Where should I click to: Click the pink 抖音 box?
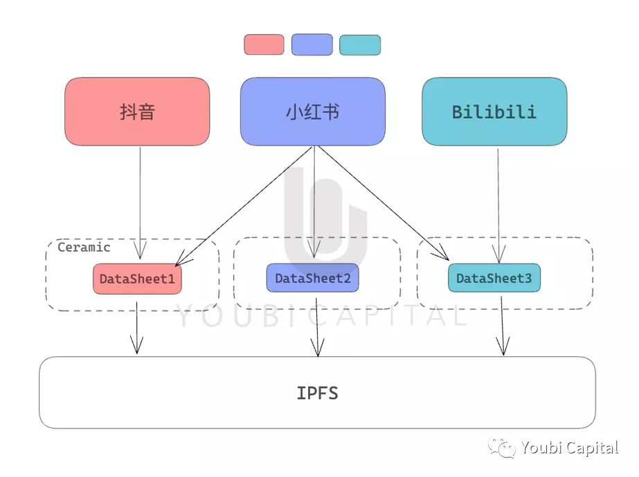click(137, 112)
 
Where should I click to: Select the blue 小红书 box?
click(312, 112)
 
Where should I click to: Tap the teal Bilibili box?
click(494, 112)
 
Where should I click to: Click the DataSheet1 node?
click(137, 279)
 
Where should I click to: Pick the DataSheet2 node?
click(312, 278)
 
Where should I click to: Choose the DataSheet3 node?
click(494, 278)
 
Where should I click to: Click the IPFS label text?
click(318, 393)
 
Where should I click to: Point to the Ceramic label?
click(84, 248)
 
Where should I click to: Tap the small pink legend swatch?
click(264, 44)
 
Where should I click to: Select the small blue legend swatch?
click(312, 44)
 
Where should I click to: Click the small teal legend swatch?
click(360, 45)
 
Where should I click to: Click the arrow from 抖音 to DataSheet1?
click(140, 203)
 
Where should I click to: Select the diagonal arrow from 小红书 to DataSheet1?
click(244, 206)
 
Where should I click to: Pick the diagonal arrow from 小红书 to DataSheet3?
click(383, 203)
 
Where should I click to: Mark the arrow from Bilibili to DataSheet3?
click(498, 206)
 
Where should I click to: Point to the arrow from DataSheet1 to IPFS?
click(136, 328)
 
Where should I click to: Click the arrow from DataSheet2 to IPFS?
click(317, 327)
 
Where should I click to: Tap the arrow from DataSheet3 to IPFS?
click(503, 326)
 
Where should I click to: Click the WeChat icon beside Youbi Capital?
click(502, 448)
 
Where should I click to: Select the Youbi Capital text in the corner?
click(570, 448)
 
